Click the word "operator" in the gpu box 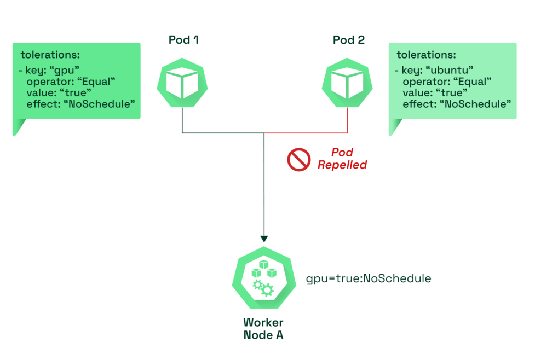pos(45,82)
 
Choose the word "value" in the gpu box pos(39,92)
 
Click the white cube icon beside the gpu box pos(182,83)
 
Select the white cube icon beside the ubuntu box pos(348,83)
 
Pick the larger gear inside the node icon pos(267,289)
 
